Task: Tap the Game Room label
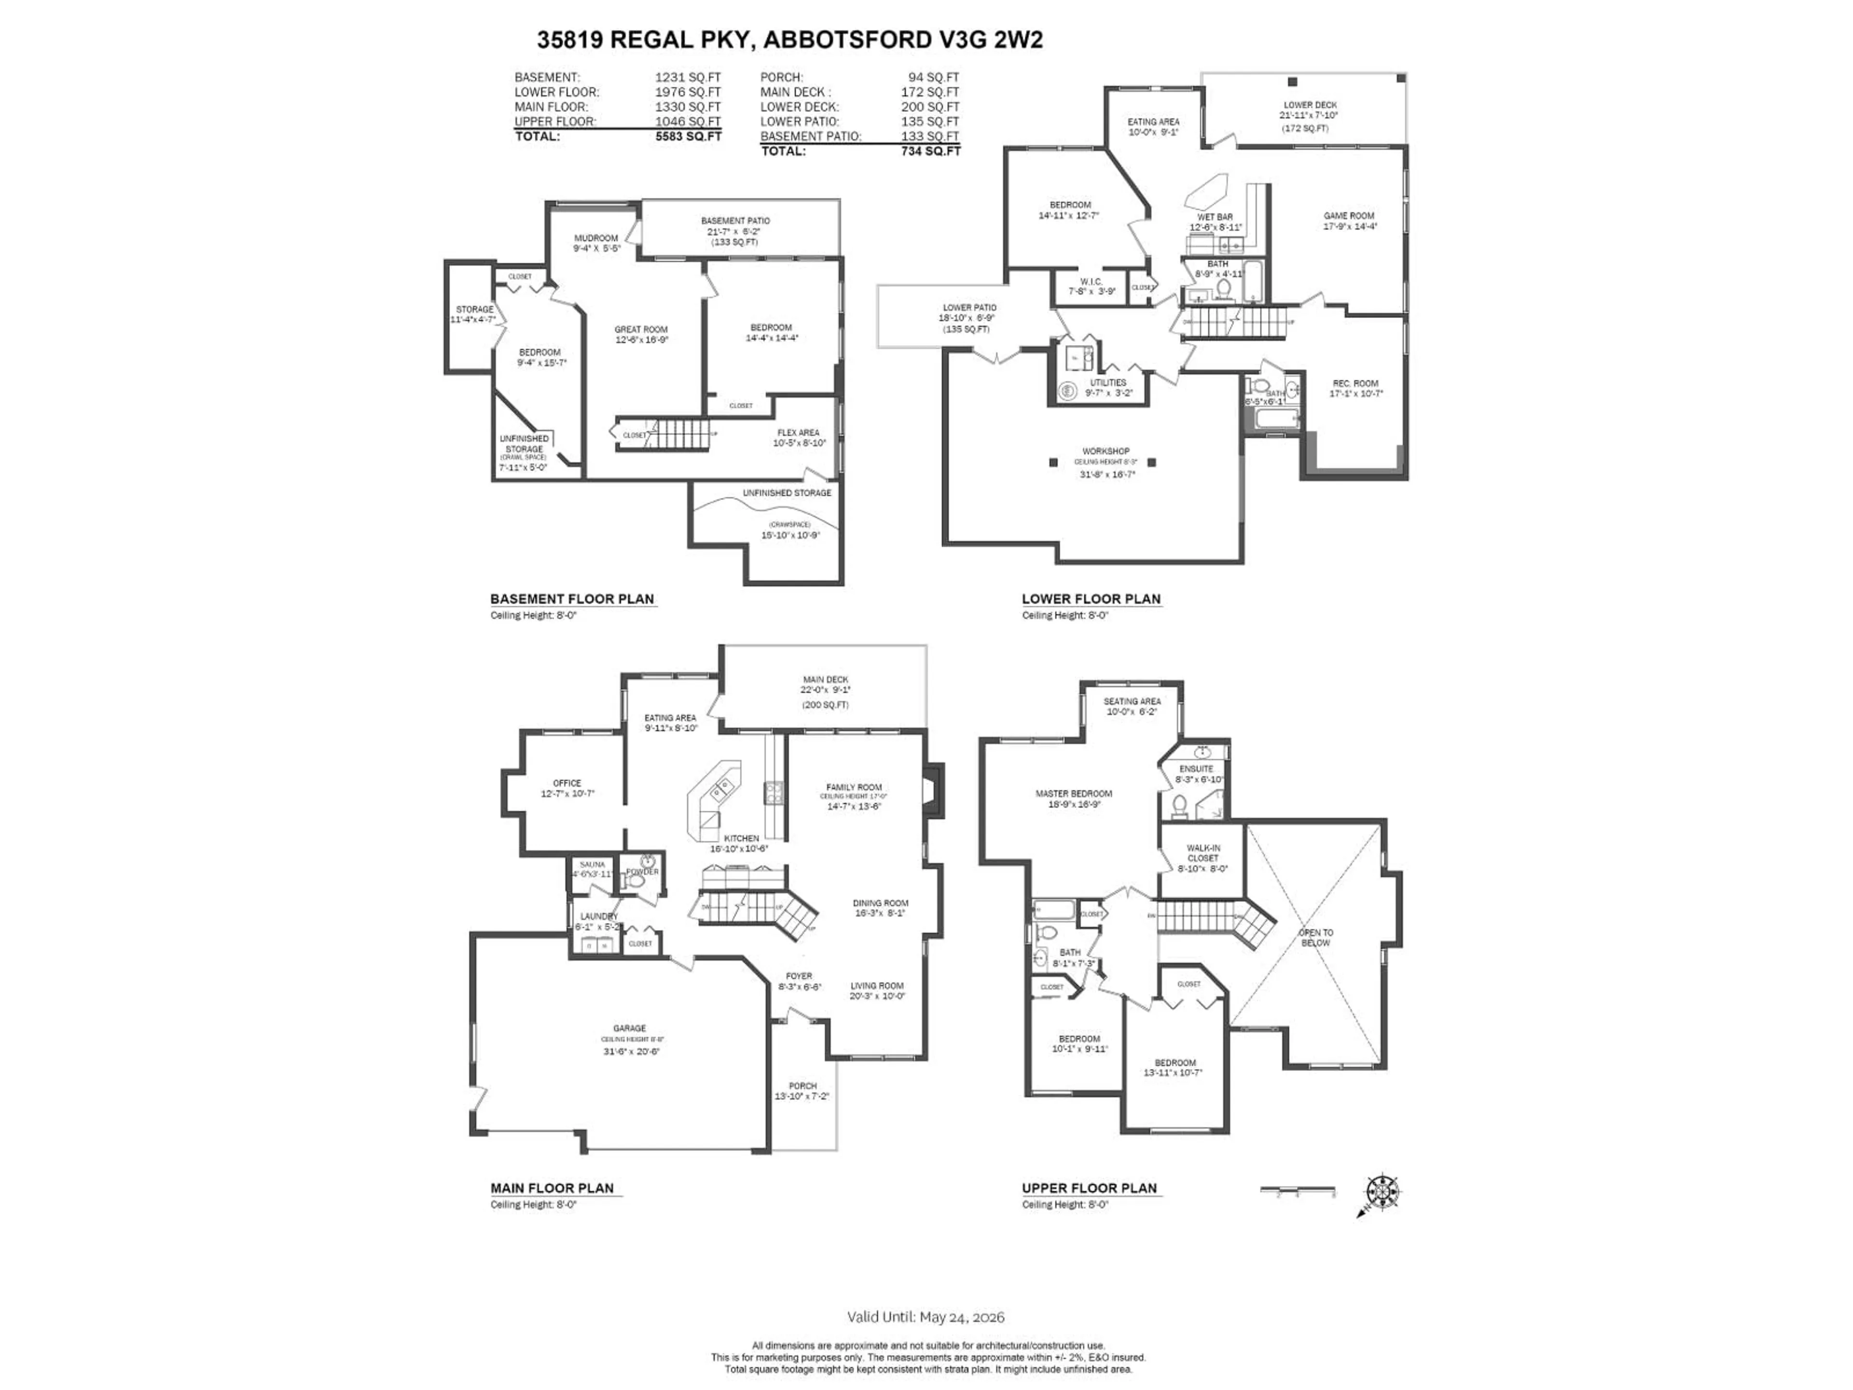coord(1349,216)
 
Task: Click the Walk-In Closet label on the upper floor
coord(1203,853)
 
